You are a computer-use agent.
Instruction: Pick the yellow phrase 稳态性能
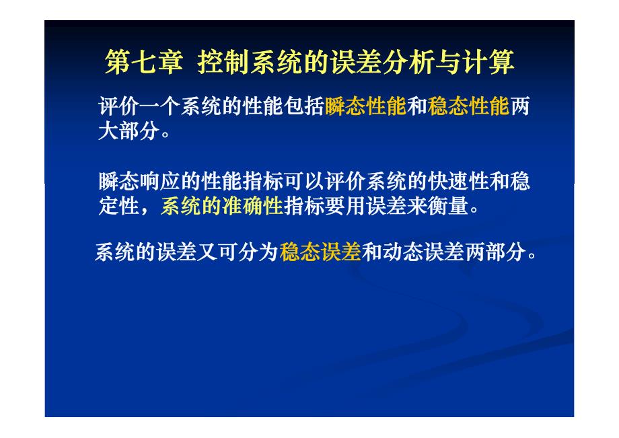(x=469, y=108)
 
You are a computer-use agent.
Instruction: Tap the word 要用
(x=344, y=206)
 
